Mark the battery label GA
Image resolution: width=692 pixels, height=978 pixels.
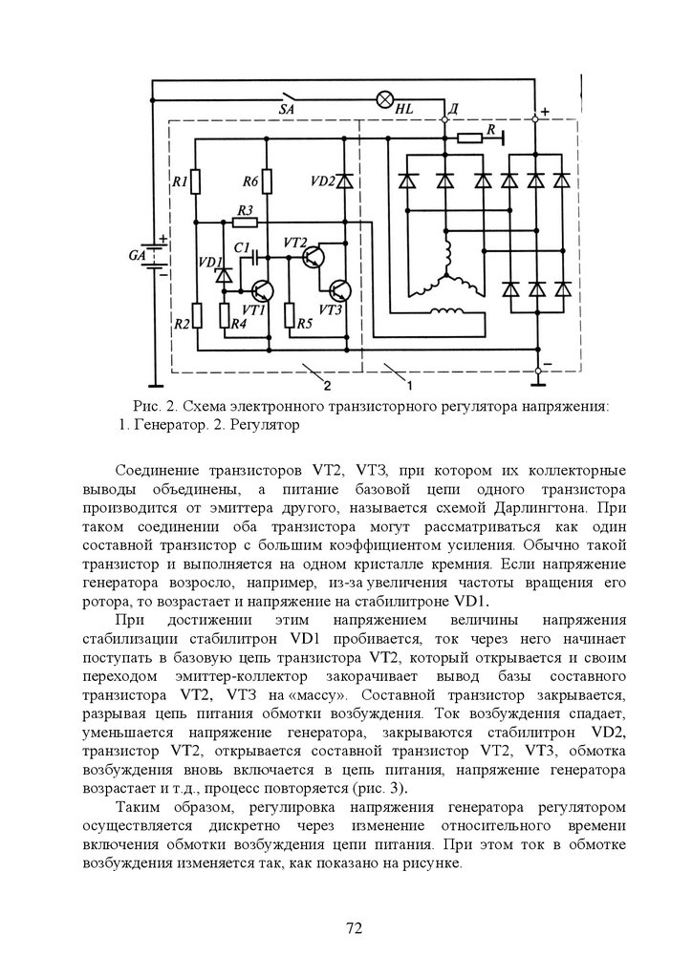pos(138,256)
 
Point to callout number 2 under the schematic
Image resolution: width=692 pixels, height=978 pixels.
pos(327,386)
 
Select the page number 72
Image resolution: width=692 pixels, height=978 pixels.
pos(354,927)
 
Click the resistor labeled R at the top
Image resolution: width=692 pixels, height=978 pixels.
pos(469,138)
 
